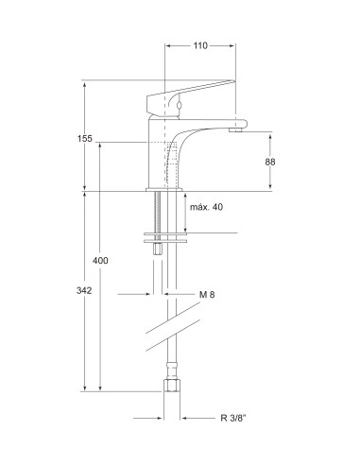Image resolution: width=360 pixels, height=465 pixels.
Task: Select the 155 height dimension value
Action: pyautogui.click(x=85, y=140)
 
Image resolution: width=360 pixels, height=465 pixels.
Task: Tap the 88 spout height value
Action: pyautogui.click(x=270, y=162)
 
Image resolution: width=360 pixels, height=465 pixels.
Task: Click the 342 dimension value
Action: pyautogui.click(x=84, y=291)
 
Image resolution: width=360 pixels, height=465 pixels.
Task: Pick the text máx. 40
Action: pyautogui.click(x=206, y=207)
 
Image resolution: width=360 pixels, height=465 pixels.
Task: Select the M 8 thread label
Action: pyautogui.click(x=208, y=295)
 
